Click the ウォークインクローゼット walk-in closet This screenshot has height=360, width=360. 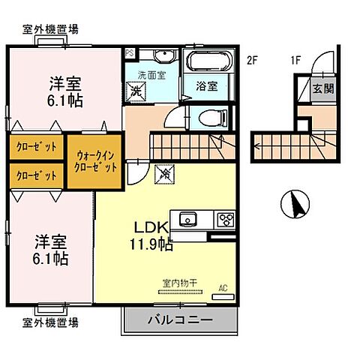pyautogui.click(x=94, y=160)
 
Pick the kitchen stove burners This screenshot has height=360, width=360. pyautogui.click(x=226, y=219)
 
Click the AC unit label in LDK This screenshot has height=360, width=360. pyautogui.click(x=223, y=286)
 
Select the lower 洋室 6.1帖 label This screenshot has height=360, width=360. pyautogui.click(x=52, y=250)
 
